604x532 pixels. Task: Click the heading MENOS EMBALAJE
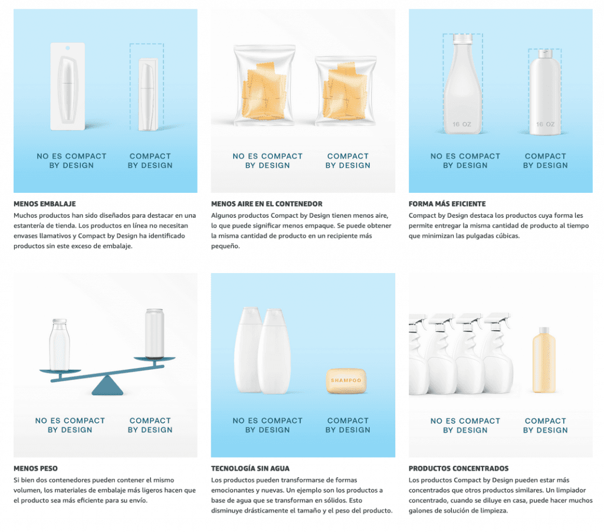[45, 204]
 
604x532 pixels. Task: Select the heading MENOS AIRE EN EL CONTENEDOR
[267, 204]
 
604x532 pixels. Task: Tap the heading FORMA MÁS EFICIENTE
[447, 204]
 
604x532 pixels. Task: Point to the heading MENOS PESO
[35, 468]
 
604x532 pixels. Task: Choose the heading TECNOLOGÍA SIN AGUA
[250, 468]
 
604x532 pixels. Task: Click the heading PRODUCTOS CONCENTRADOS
[458, 468]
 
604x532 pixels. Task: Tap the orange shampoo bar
[346, 380]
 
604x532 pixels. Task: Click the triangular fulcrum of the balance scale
[107, 386]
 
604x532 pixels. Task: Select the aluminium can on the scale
[155, 333]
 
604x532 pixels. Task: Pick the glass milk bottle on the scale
[60, 344]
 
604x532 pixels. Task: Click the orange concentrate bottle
[544, 359]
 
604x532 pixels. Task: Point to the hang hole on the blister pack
[68, 48]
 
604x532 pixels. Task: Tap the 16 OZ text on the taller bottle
[462, 124]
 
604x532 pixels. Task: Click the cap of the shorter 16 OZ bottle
[544, 54]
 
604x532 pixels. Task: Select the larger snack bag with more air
[264, 85]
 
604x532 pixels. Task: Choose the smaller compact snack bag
[346, 91]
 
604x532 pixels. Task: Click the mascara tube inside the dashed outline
[147, 94]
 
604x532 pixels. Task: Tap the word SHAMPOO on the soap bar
[346, 380]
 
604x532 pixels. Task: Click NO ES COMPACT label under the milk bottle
[70, 421]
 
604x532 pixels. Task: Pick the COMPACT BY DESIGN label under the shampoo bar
[348, 425]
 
